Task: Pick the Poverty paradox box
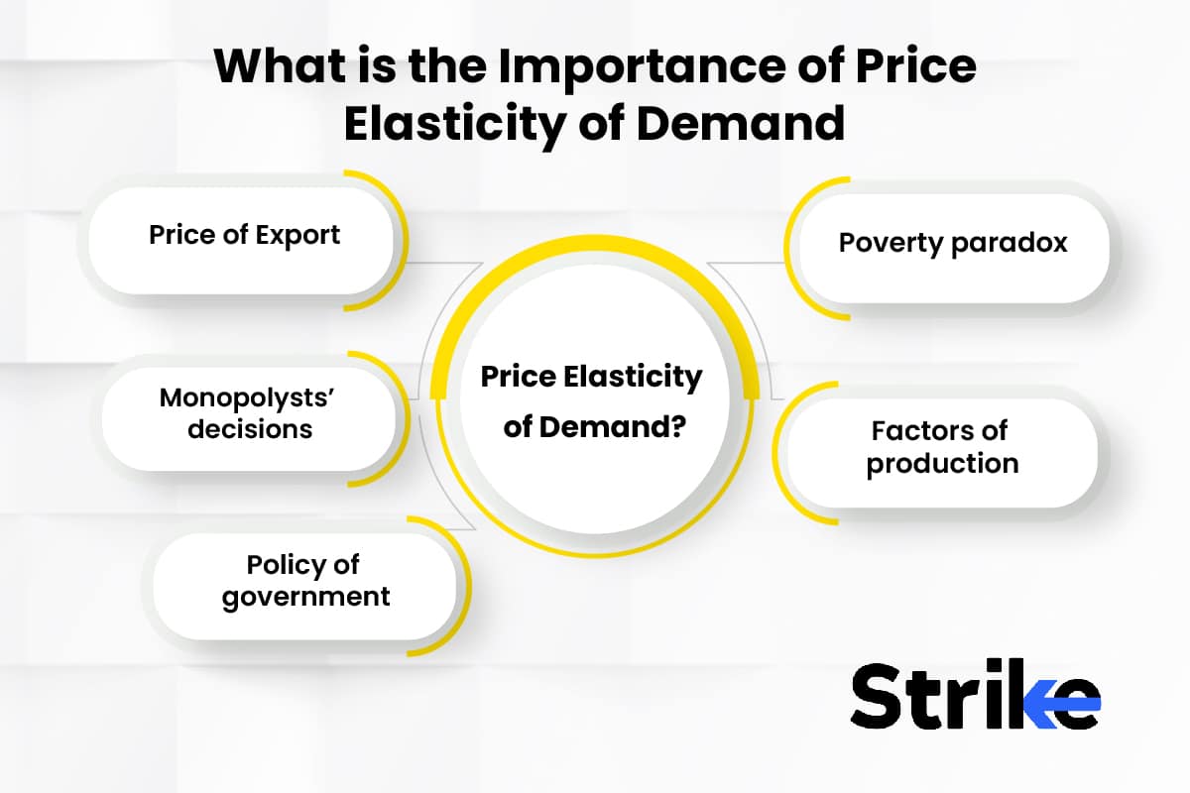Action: point(952,243)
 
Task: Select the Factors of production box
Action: point(941,447)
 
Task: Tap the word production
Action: point(942,463)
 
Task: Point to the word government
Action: point(305,597)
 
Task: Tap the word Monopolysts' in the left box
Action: point(237,398)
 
